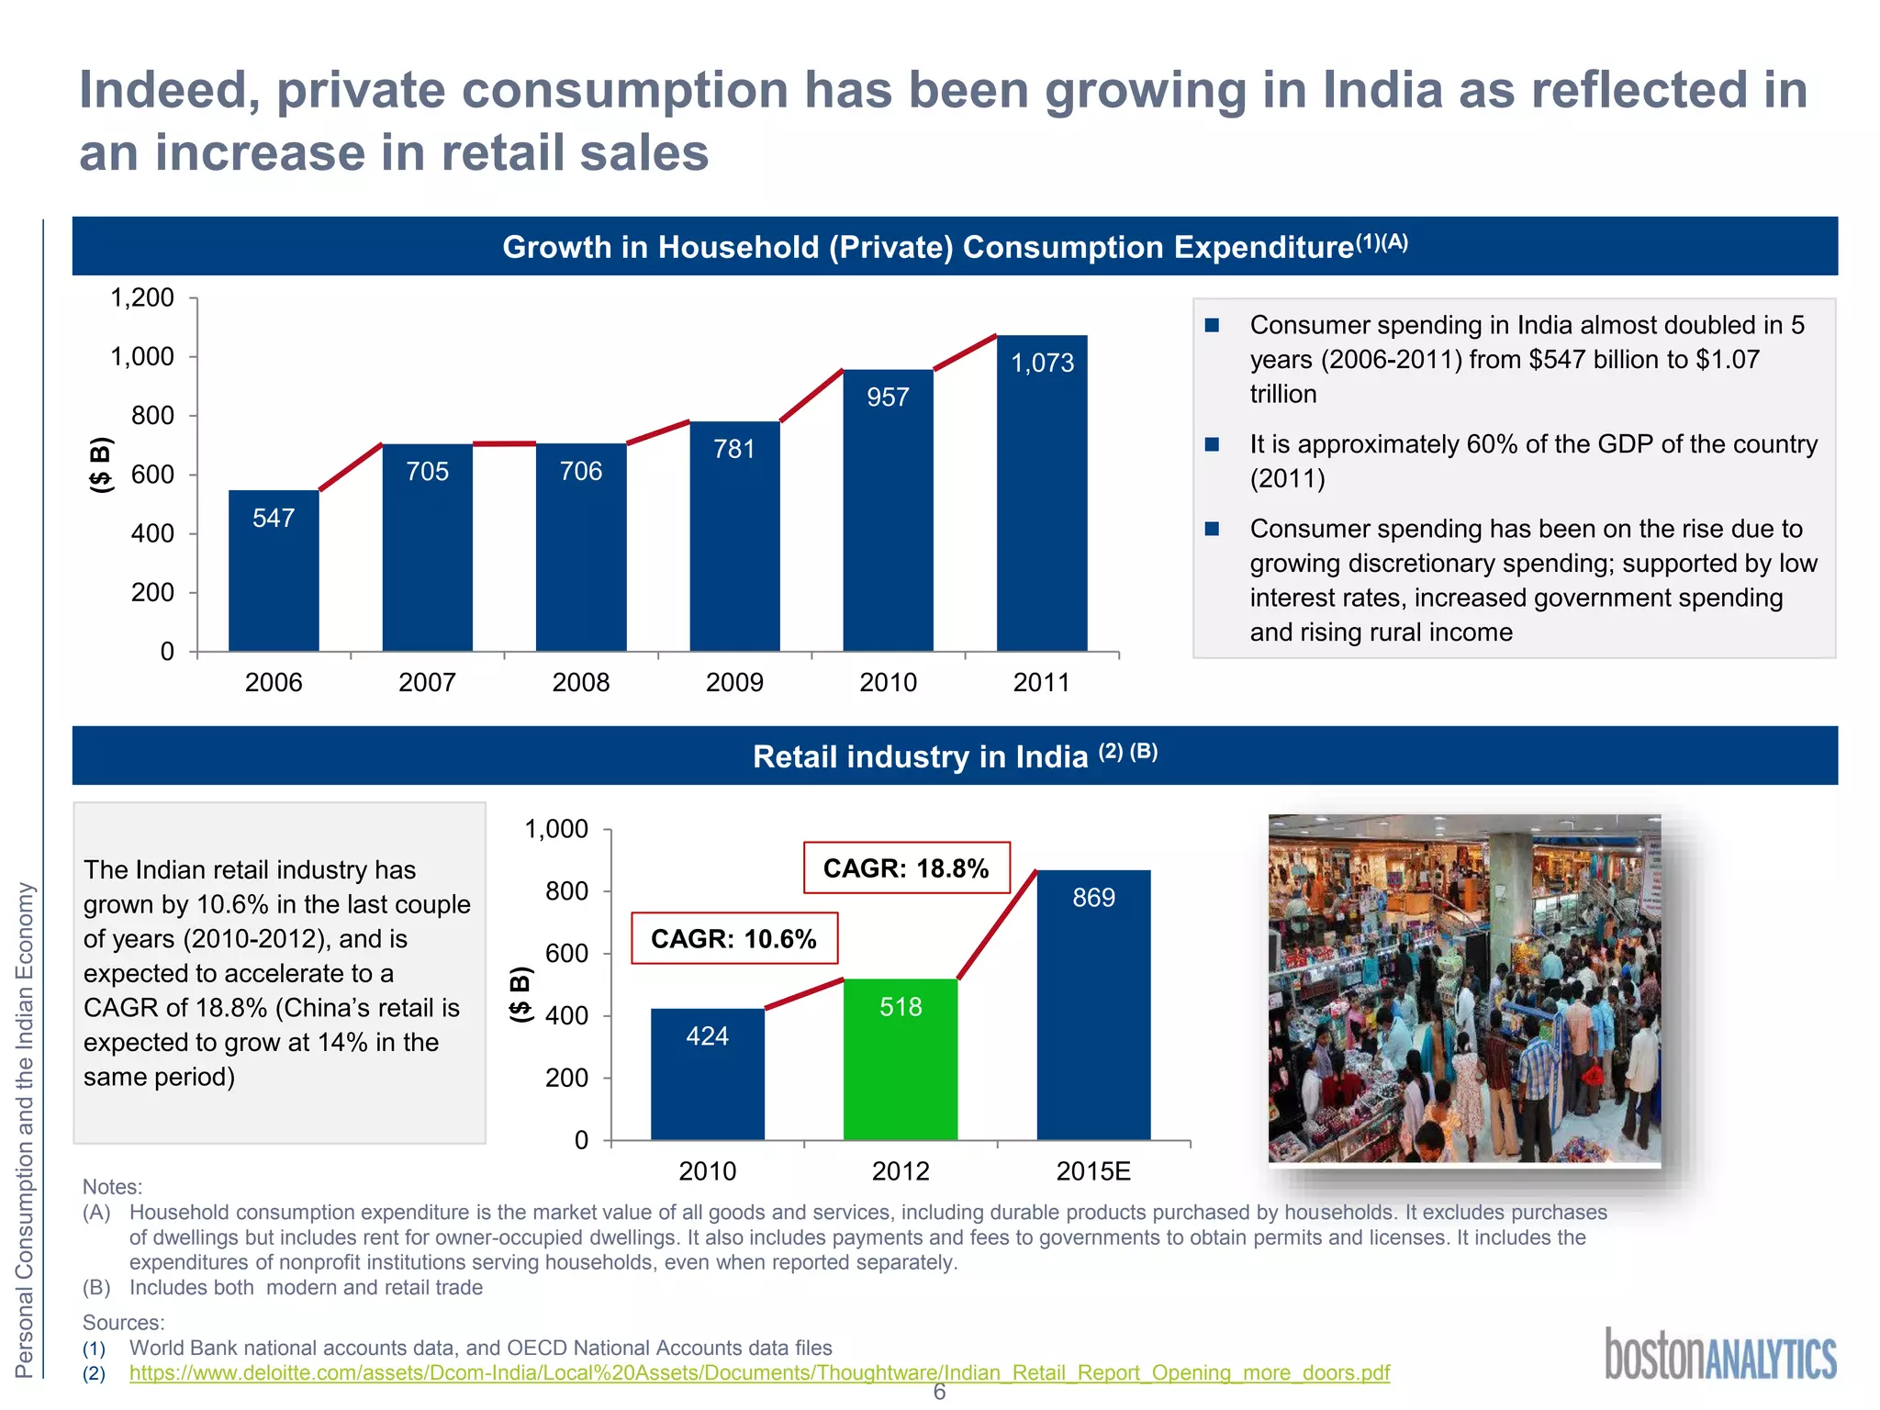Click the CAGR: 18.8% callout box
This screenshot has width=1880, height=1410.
pos(906,868)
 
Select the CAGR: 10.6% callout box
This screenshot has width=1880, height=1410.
pos(734,938)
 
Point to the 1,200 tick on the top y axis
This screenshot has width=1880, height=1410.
pos(142,298)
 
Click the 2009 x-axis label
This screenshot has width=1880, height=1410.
pos(734,682)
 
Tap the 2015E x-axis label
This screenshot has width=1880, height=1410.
pos(1093,1171)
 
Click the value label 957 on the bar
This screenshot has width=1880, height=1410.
pos(888,397)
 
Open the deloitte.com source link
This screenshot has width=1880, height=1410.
pos(759,1373)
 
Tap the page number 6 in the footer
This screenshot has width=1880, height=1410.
pos(939,1393)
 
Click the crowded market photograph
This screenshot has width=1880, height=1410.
pos(1464,989)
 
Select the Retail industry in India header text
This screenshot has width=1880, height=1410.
pos(920,756)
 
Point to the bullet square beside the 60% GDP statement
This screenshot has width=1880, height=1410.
pos(1212,444)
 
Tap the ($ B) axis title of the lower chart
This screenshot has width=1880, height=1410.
pos(520,994)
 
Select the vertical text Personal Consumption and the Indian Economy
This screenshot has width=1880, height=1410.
pos(25,1129)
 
